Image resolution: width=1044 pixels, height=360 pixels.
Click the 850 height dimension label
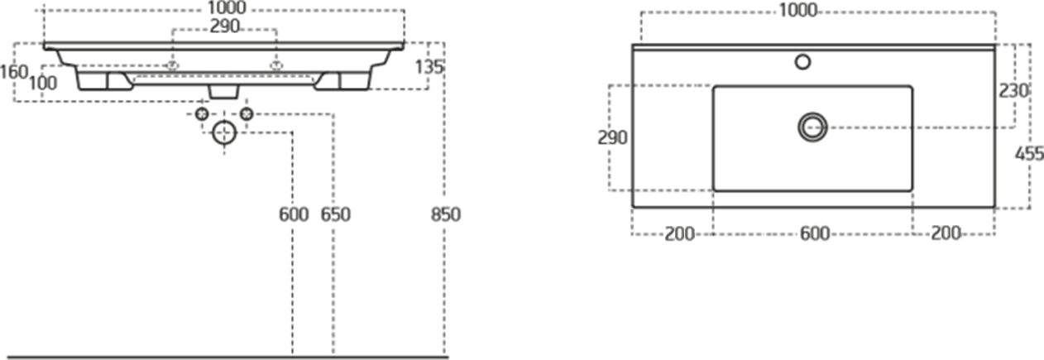446,214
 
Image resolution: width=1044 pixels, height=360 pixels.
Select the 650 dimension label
336,214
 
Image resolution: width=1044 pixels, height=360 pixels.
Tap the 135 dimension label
429,67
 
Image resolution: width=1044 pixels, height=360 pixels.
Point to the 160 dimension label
14,72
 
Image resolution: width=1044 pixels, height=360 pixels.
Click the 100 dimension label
43,84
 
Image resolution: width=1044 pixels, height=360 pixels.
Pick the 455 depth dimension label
1030,153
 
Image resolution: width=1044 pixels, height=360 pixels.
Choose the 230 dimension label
1013,91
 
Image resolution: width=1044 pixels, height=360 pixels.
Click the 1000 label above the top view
798,10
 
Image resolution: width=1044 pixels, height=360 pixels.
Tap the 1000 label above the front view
227,8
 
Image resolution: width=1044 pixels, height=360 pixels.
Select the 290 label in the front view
225,26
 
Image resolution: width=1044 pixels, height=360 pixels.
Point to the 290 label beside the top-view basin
612,138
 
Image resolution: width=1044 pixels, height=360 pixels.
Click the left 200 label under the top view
679,234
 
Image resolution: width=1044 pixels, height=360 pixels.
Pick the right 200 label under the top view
946,233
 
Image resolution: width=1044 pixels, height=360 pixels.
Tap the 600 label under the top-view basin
815,233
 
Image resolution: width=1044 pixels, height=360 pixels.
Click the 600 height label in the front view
294,214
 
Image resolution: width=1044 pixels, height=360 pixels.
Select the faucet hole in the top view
802,62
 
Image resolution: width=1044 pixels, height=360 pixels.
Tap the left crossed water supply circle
202,113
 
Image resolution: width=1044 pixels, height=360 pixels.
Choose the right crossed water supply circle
247,113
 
